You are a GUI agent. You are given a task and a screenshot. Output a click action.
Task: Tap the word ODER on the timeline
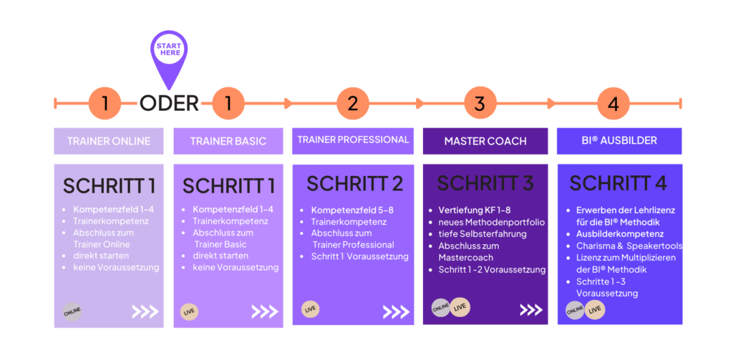click(x=170, y=103)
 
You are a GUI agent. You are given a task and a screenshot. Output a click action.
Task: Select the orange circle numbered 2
click(x=352, y=103)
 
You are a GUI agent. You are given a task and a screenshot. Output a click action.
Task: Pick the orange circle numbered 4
click(x=613, y=103)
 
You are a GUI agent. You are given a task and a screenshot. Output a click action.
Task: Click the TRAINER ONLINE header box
click(x=109, y=141)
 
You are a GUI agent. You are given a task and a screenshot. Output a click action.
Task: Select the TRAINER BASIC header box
click(x=228, y=141)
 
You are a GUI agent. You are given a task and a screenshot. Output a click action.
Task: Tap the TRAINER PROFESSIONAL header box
click(x=354, y=140)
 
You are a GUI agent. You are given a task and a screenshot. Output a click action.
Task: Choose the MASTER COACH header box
click(x=485, y=141)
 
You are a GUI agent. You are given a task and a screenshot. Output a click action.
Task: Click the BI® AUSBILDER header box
click(x=619, y=141)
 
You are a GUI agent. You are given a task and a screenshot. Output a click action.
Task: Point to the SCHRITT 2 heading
click(x=354, y=184)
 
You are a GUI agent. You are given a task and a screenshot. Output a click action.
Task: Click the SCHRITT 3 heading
click(x=485, y=184)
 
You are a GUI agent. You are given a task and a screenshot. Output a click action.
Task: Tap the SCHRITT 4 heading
click(x=618, y=184)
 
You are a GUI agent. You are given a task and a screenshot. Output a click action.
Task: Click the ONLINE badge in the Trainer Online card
click(x=72, y=311)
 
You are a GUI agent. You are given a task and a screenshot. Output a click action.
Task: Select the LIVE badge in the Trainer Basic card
click(x=190, y=311)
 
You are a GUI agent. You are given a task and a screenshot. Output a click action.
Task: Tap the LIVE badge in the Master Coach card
click(x=460, y=308)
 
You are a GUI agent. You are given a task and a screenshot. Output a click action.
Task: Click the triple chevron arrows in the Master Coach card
click(x=531, y=310)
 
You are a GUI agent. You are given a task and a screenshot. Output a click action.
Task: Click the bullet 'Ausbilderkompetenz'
click(x=620, y=233)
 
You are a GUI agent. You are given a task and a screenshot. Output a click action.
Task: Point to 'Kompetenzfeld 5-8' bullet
click(x=351, y=210)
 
